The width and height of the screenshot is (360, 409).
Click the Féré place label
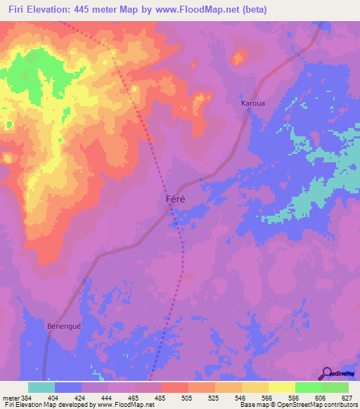[x=176, y=199]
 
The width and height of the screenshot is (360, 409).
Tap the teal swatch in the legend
[x=41, y=387]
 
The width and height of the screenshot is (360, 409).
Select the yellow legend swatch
[x=281, y=387]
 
